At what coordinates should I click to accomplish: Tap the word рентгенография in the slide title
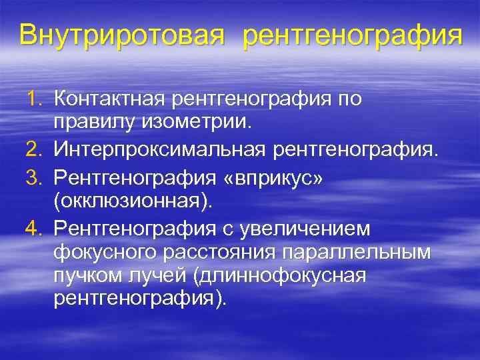coord(352,35)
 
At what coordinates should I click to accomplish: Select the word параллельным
coord(364,252)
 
